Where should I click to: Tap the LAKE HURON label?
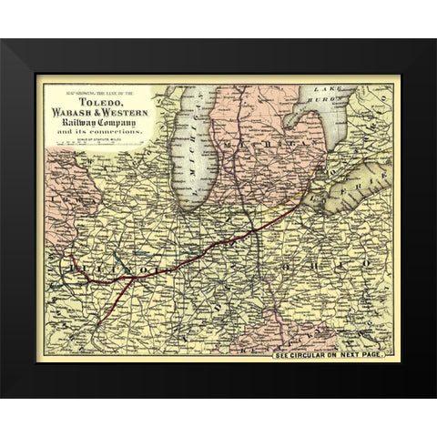coord(330,92)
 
